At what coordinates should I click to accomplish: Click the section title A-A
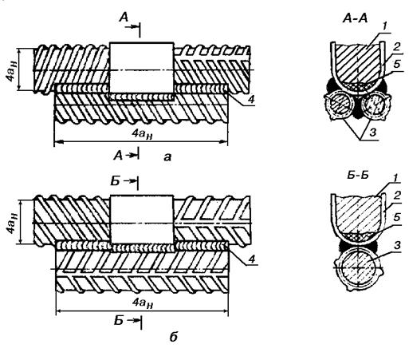click(355, 18)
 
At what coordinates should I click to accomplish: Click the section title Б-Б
click(357, 176)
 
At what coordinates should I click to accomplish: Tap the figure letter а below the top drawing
click(167, 157)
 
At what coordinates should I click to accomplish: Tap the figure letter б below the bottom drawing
click(173, 337)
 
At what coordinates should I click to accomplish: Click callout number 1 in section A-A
click(385, 26)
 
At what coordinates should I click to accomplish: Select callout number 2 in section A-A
click(396, 47)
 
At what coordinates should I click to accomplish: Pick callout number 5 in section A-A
click(397, 64)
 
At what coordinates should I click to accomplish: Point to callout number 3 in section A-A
click(373, 133)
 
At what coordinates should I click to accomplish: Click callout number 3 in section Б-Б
click(396, 245)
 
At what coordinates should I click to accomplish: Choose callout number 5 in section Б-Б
click(396, 217)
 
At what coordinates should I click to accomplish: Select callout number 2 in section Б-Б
click(396, 196)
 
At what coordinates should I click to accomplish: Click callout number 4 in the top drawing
click(251, 99)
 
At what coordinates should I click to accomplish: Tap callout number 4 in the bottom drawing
click(251, 259)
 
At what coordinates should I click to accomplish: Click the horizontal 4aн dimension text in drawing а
click(142, 134)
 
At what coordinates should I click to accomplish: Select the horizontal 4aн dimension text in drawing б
click(143, 303)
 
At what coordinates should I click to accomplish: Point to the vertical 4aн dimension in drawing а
click(11, 70)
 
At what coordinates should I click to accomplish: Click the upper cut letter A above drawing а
click(124, 18)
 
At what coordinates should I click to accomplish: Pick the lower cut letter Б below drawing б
click(119, 321)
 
